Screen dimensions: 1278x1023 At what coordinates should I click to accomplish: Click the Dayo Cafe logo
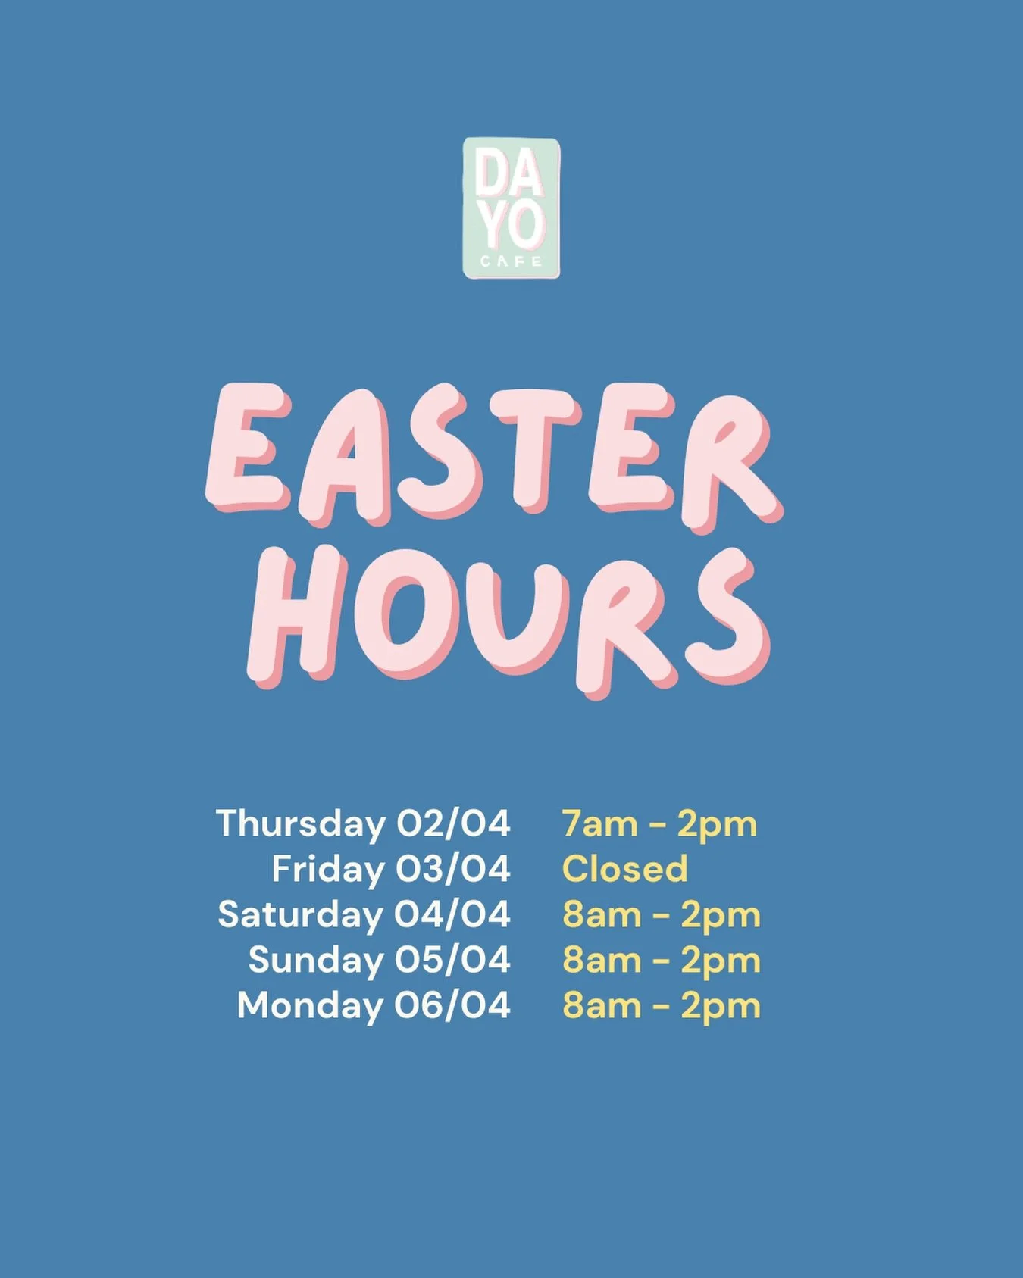(x=511, y=208)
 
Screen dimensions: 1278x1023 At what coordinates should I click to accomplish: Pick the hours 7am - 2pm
(x=659, y=824)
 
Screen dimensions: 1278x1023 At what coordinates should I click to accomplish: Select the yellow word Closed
(x=624, y=869)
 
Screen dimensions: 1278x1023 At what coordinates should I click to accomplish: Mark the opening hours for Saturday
(x=661, y=915)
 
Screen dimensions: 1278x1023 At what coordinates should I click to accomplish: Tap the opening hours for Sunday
(x=661, y=961)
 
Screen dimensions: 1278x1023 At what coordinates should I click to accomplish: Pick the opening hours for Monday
(x=661, y=1006)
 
